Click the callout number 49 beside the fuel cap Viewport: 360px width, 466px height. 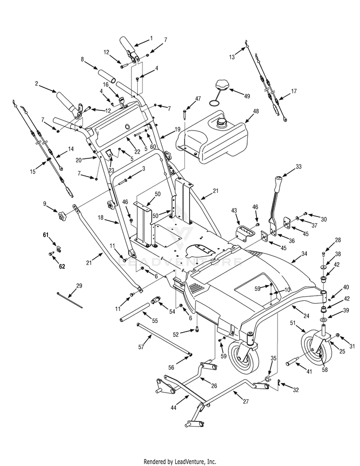point(247,96)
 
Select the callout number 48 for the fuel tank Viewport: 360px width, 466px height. point(256,111)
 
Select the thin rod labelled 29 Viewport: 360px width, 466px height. point(70,299)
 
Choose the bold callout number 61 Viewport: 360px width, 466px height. point(46,235)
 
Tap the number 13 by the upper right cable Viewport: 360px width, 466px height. point(232,57)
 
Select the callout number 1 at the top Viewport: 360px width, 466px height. point(151,38)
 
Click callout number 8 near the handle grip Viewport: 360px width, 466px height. point(82,60)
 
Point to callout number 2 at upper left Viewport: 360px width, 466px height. point(36,83)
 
